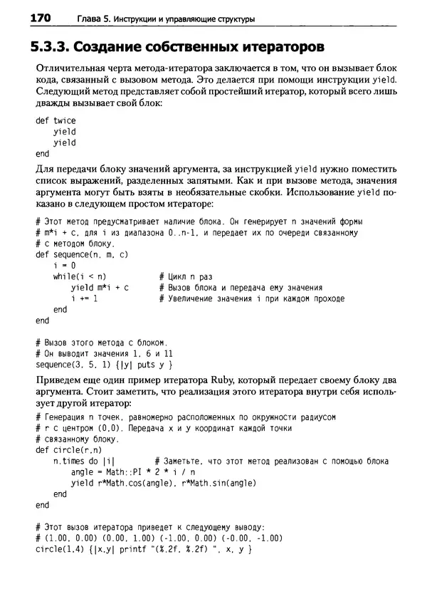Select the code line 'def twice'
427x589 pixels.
tap(56, 120)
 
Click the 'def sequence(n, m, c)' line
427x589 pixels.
tap(81, 254)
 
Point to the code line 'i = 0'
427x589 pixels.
tap(65, 265)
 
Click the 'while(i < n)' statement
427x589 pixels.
tap(79, 276)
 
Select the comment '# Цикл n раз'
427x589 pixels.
tap(185, 276)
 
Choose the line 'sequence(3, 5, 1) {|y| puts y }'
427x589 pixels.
tap(105, 365)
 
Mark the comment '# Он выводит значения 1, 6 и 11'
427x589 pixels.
tap(104, 353)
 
